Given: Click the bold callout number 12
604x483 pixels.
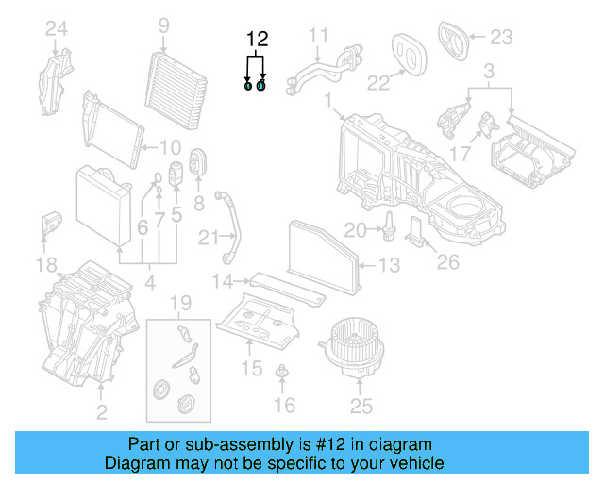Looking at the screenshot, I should pos(257,39).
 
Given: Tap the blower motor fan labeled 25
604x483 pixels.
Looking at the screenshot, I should pos(356,344).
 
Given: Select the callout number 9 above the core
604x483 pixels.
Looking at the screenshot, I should pos(163,25).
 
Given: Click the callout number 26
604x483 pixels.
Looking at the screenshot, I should pos(448,260).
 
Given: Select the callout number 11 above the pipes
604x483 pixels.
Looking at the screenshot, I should pos(319,37).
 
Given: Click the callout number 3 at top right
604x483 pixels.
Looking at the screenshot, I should pos(489,72).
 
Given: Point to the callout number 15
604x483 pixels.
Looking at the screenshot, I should pos(251,367).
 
